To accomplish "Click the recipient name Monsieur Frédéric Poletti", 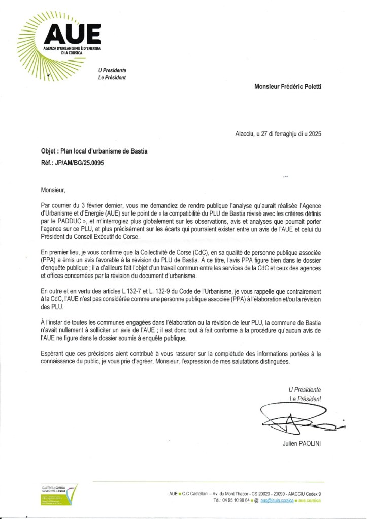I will [x=288, y=87].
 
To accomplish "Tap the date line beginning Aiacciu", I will [x=279, y=135].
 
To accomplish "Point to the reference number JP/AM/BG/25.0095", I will [x=83, y=163].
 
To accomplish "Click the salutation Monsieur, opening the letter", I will [x=53, y=190].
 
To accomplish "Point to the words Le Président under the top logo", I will [x=112, y=78].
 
